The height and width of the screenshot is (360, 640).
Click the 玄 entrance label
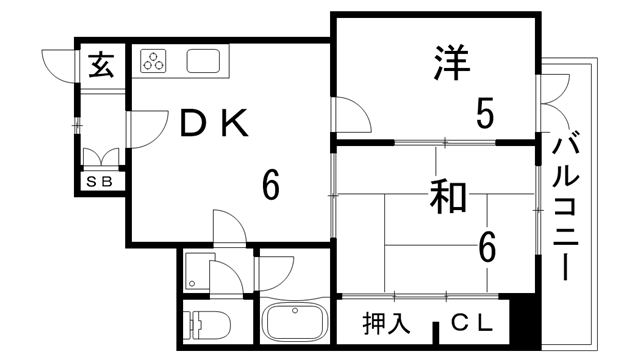tap(102, 66)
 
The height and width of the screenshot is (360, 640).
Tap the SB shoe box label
tap(100, 182)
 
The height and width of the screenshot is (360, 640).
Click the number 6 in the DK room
tap(271, 184)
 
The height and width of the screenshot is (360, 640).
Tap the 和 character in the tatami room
tap(447, 196)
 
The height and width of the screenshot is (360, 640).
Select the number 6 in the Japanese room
tap(487, 244)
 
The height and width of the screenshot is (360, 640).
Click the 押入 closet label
tap(385, 323)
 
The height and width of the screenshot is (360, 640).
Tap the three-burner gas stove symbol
tap(154, 61)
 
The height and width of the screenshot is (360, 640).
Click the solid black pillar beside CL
tap(521, 323)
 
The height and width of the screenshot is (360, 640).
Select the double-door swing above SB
tap(102, 157)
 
